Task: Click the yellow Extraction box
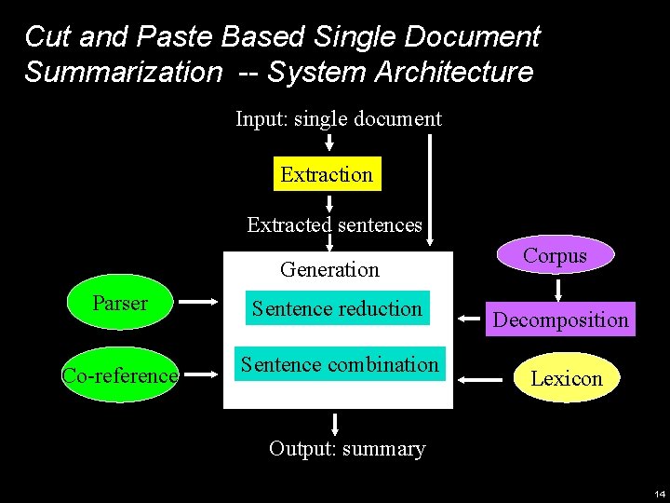327,174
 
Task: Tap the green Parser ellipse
120,304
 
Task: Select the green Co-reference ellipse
119,375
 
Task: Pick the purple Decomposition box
560,319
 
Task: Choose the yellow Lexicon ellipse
566,378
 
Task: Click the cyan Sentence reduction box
337,308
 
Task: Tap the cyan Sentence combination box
339,364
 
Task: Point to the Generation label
329,270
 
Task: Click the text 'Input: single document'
338,119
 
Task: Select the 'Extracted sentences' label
334,224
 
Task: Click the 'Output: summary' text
346,449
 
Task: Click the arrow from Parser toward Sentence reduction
197,303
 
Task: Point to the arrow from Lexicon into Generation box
482,379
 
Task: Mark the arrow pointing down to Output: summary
334,424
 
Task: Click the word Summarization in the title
123,72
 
